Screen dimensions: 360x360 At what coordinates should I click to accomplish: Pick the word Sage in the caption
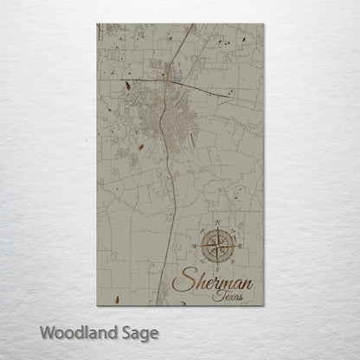(140, 332)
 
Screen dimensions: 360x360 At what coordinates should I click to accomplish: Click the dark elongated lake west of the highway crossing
(129, 86)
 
